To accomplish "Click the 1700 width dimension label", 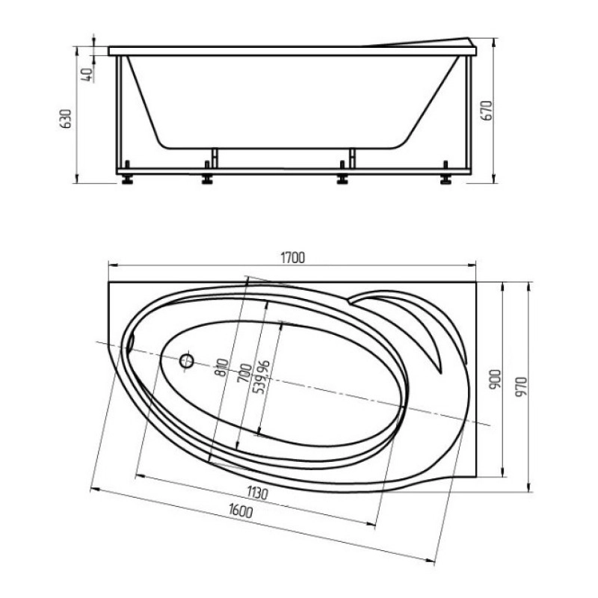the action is coord(292,258).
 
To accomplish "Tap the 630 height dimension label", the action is coord(66,118).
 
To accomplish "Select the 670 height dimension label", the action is coord(487,111).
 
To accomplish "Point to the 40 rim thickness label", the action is coord(87,73).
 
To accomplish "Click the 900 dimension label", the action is coord(495,379).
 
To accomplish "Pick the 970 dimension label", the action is coord(521,386).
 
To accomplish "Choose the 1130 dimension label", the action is coord(257,493).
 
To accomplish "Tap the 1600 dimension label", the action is coord(241,511).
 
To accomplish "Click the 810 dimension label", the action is coord(221,368).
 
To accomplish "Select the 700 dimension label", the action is coord(244,373).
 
